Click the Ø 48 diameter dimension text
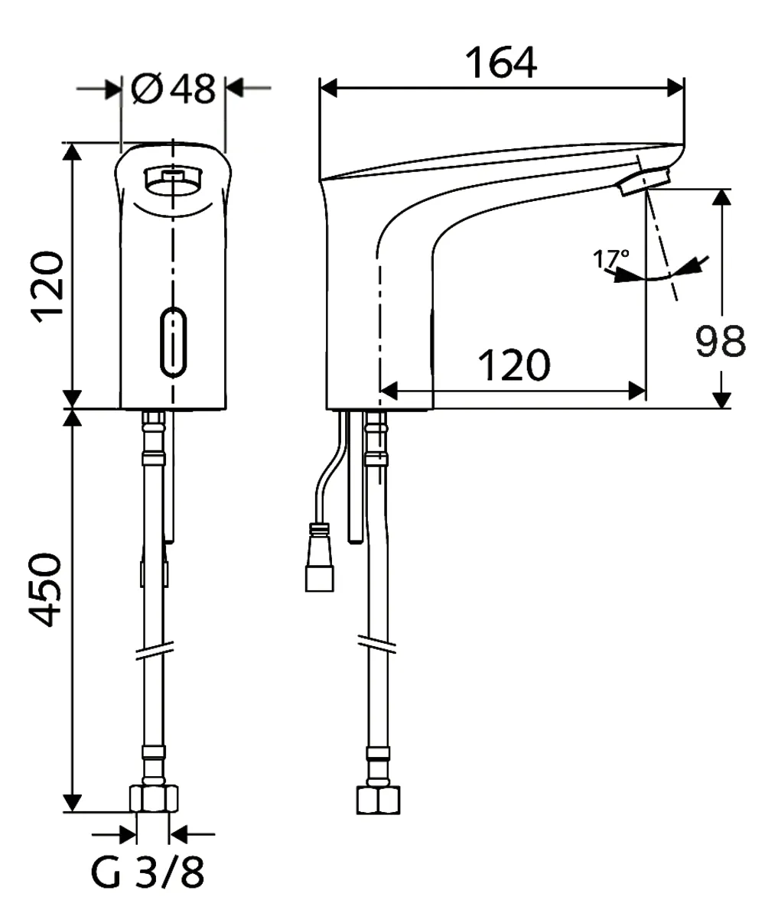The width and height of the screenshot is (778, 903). (174, 89)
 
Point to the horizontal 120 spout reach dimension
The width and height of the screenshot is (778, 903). (513, 366)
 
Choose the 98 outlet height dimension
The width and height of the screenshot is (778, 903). (719, 342)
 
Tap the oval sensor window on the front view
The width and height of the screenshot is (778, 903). (174, 342)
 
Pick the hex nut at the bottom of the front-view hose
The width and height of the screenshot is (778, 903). (155, 799)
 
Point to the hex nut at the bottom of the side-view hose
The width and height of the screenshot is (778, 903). (379, 799)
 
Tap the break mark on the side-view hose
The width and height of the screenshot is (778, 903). (378, 642)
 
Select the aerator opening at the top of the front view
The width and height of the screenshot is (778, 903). (173, 180)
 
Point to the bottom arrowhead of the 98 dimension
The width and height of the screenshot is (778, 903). (721, 400)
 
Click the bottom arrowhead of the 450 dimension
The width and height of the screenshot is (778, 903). (72, 803)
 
